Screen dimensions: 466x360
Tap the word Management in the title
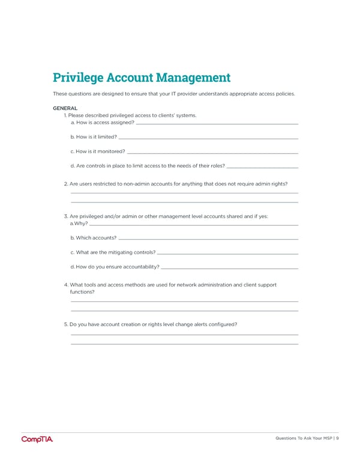point(193,77)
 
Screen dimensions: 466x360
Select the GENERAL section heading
point(65,108)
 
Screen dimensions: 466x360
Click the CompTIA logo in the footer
point(37,439)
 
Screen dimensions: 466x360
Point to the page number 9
point(338,438)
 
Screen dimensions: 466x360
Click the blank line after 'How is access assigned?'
point(217,124)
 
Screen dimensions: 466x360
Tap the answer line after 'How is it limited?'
point(209,138)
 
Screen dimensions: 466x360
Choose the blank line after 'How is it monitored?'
point(213,153)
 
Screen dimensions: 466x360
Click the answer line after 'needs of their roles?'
point(263,167)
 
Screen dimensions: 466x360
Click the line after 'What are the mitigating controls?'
point(228,253)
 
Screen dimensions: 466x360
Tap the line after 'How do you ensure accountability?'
point(230,268)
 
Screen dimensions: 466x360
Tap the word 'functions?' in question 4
point(83,292)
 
